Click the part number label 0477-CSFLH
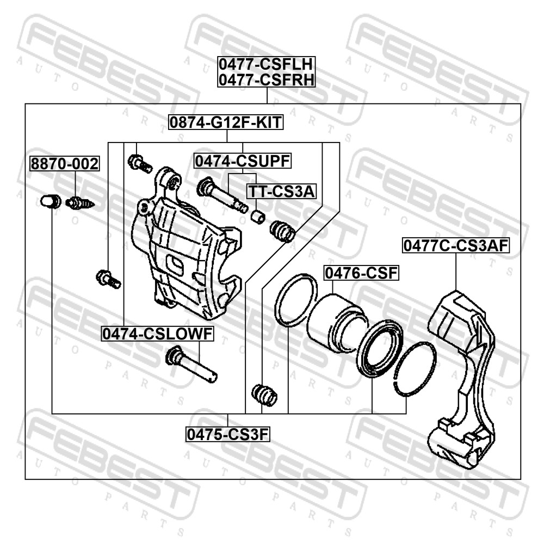[x=267, y=64]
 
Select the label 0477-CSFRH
[x=267, y=79]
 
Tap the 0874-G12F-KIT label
[x=226, y=122]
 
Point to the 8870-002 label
[x=65, y=163]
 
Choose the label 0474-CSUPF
[x=243, y=161]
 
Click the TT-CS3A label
[x=281, y=191]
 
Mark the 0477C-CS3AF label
[x=456, y=246]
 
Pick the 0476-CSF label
[x=361, y=273]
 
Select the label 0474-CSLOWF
[x=158, y=334]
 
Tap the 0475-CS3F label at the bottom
[x=228, y=434]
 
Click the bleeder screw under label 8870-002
[x=80, y=202]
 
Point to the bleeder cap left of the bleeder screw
[x=51, y=201]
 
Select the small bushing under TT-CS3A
[x=258, y=216]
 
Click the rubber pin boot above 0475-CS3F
[x=264, y=394]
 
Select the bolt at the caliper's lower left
[x=108, y=279]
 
